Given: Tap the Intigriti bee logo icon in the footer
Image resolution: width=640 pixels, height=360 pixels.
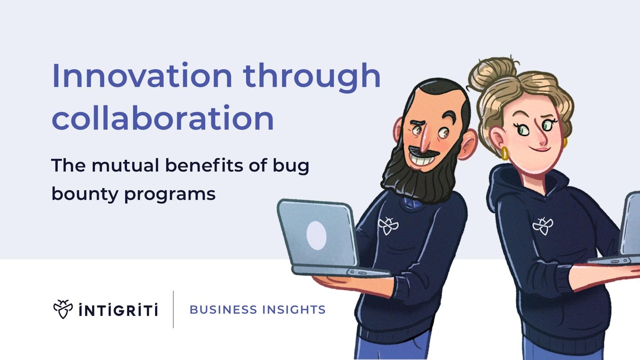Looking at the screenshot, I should [x=63, y=309].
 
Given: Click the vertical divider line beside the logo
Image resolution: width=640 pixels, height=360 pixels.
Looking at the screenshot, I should [x=173, y=309].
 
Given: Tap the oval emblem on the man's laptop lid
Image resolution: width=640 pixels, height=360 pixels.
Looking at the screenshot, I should [x=316, y=235].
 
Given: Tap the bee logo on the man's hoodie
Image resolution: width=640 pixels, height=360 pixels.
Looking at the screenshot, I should [x=388, y=226].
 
